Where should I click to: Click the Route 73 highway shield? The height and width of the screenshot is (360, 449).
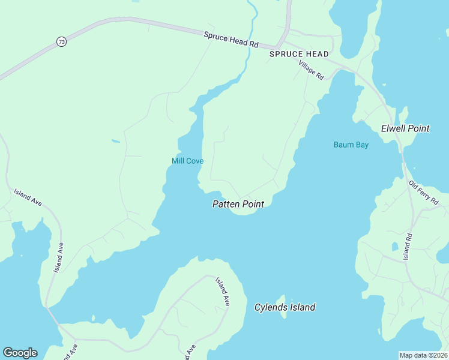61,41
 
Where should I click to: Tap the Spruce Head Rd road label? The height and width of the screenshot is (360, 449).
231,40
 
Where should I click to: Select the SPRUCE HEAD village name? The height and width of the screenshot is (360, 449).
299,54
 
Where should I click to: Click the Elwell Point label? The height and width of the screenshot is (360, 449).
405,128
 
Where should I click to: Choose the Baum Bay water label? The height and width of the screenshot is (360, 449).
351,145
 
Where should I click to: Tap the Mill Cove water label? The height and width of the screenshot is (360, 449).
187,161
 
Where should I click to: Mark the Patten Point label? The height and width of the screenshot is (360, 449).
238,204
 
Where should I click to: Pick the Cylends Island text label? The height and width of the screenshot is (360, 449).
285,307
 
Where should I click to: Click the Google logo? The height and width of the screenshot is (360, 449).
20,353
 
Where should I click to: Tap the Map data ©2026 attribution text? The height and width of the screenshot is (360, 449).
423,355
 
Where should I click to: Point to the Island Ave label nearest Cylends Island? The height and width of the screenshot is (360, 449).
223,292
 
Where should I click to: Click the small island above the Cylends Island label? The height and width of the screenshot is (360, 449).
283,298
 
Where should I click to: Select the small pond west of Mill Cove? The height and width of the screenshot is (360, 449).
115,142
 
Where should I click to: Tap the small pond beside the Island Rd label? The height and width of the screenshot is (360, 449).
394,246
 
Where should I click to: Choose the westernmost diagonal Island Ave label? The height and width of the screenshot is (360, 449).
28,198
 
